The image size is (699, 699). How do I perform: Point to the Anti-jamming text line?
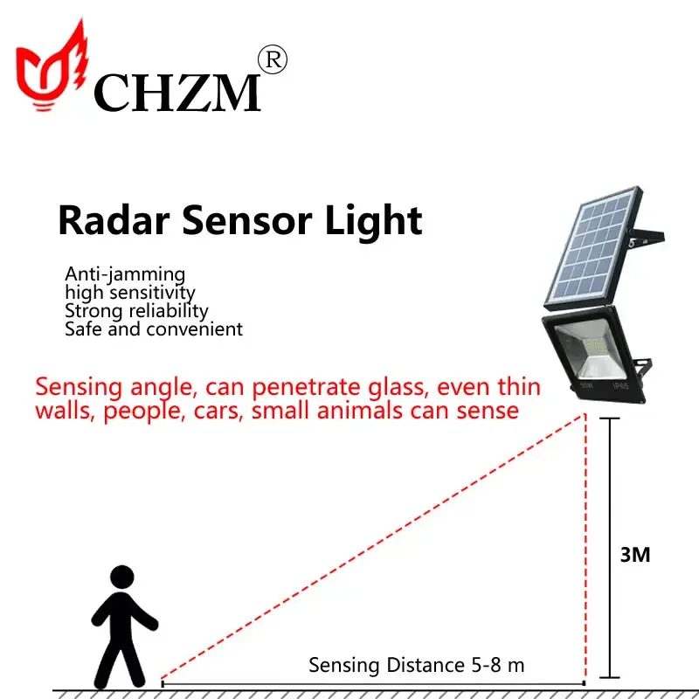(x=125, y=274)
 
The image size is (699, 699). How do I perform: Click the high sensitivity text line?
(x=129, y=293)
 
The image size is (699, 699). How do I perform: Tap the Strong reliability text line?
(x=136, y=311)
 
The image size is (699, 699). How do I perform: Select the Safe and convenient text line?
(x=154, y=329)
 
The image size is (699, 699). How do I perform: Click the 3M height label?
(x=635, y=554)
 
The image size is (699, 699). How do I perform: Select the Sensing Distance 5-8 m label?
(x=416, y=665)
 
